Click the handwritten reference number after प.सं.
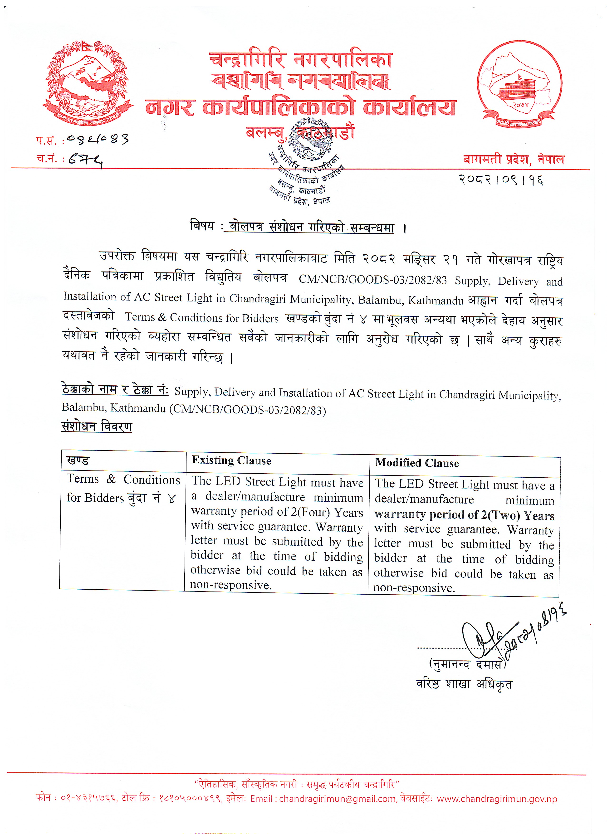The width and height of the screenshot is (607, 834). (x=98, y=139)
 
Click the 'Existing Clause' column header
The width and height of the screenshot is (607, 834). (x=231, y=461)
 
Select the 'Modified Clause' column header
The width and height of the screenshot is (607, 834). (x=417, y=463)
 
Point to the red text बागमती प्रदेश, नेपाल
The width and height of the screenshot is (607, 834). (x=513, y=159)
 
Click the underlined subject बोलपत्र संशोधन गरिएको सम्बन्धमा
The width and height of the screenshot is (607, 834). (x=311, y=227)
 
